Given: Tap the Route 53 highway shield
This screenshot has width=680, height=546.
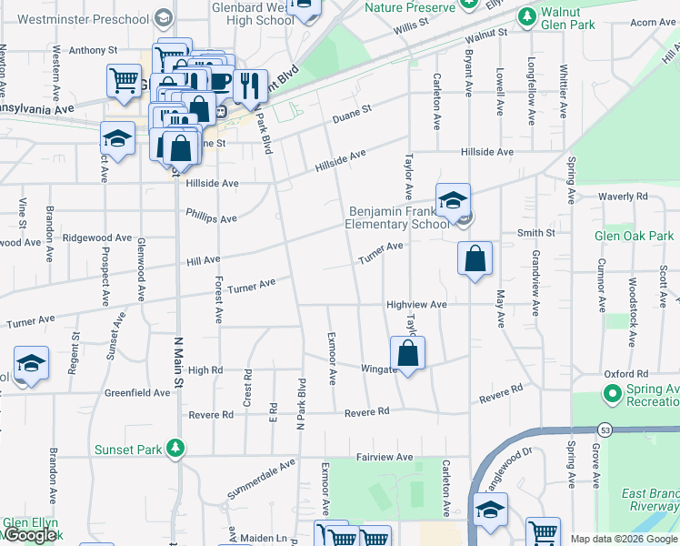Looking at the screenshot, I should (604, 430).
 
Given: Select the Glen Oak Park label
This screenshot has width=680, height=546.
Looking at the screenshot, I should (634, 236).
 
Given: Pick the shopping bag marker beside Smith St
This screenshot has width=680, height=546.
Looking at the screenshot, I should (475, 258).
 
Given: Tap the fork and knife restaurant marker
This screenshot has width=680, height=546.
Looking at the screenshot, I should (249, 86).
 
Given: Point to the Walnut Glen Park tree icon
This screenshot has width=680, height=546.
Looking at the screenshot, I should (526, 16).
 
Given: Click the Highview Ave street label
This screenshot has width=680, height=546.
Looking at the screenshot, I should (416, 305).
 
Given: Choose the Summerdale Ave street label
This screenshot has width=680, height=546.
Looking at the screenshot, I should (262, 479).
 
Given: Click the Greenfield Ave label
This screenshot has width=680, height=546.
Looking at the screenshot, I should (137, 393).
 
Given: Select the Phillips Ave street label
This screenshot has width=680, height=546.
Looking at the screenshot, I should (211, 218).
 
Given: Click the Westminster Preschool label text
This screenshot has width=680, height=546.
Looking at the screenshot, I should (83, 18).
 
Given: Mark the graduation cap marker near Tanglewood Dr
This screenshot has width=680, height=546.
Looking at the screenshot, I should (491, 511).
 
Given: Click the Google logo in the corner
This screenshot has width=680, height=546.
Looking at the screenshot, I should (30, 536).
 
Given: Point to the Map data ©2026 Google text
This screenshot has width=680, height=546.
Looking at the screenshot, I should (623, 539).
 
